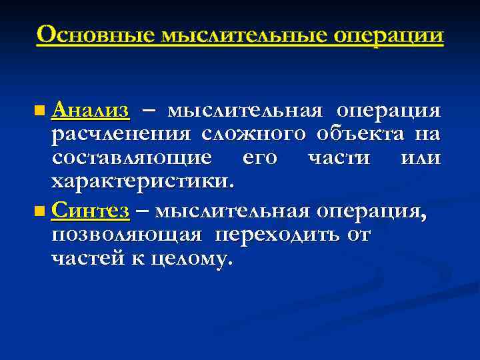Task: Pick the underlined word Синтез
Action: coord(90,211)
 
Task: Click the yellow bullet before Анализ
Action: coord(42,109)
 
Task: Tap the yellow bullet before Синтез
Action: coord(42,212)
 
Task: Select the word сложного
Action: coord(253,134)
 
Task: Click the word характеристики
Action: coord(142,181)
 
